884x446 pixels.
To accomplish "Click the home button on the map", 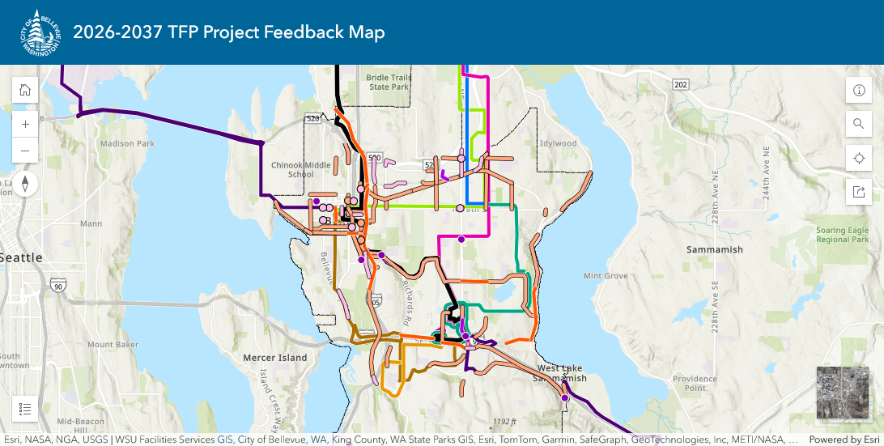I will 25,90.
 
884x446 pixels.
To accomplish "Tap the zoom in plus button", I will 25,125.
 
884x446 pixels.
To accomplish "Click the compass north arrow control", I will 25,184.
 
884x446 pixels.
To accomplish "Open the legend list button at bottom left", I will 25,409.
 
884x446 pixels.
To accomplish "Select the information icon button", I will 859,90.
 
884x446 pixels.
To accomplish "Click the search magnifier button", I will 859,124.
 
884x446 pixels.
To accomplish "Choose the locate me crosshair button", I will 859,158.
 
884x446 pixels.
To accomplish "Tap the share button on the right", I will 859,192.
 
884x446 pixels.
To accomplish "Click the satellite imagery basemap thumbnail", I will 842,393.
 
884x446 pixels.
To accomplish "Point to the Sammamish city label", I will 714,249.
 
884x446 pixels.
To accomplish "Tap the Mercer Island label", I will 275,358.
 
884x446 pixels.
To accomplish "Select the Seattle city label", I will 21,257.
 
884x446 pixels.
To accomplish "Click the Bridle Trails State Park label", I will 390,82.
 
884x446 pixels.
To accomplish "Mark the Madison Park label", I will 127,144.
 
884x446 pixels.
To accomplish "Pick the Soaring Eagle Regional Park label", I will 843,235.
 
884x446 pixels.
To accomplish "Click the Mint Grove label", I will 606,276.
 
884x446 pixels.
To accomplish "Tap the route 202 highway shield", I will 680,85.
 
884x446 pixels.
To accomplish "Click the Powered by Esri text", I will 846,440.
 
